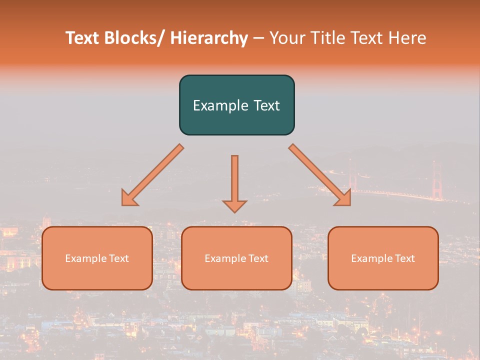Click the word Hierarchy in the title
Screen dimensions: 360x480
pos(209,38)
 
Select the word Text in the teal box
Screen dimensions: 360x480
pos(266,105)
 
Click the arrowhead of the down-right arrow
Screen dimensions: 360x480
pos(343,199)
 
